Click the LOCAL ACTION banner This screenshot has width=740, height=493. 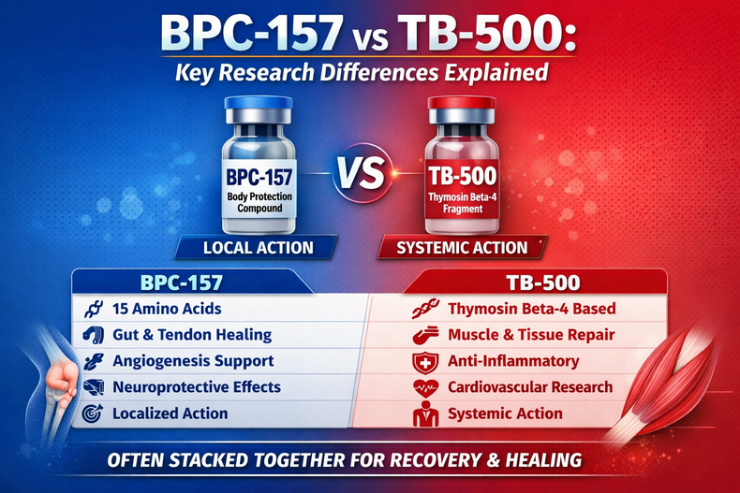click(x=258, y=248)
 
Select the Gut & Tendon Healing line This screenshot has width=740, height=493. click(x=191, y=334)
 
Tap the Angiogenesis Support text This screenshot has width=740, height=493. click(x=193, y=360)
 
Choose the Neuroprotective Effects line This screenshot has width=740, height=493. click(x=196, y=386)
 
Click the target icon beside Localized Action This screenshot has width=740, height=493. click(x=92, y=413)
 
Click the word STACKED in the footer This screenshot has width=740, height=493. click(x=246, y=459)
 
